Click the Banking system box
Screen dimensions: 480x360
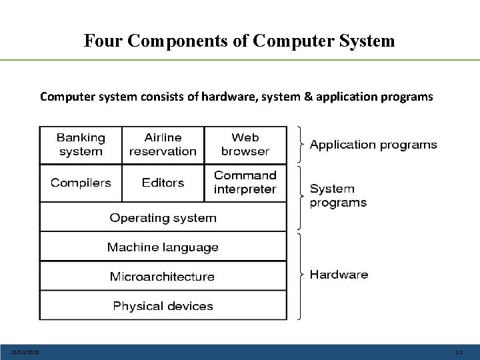click(x=81, y=145)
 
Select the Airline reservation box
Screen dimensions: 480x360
click(x=163, y=145)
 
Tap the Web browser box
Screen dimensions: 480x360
click(x=245, y=145)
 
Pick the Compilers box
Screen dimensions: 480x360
click(x=81, y=183)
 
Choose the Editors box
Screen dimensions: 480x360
click(x=163, y=183)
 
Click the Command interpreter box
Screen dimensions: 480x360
click(x=245, y=183)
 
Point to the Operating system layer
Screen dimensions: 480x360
click(x=163, y=218)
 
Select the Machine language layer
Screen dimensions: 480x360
click(x=163, y=247)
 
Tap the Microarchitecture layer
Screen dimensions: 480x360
click(x=163, y=277)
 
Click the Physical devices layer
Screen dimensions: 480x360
click(x=163, y=306)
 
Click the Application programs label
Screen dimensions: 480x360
click(x=373, y=145)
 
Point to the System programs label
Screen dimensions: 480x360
click(x=338, y=196)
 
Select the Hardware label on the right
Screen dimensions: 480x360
click(x=339, y=275)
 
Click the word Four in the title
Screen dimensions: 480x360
click(x=103, y=41)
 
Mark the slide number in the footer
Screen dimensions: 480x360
click(x=458, y=353)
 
